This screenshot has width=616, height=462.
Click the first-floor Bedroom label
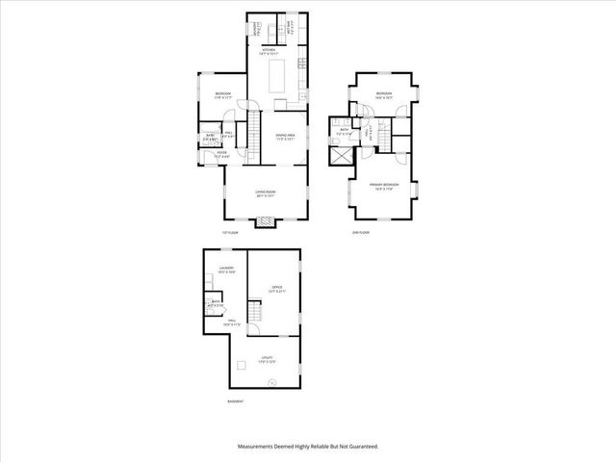[223, 94]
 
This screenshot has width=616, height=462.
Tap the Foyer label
[220, 153]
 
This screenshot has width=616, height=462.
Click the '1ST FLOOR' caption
[229, 234]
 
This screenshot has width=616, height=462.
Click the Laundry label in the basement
[226, 269]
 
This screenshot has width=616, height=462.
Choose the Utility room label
[268, 361]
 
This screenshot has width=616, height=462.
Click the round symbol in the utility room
[272, 381]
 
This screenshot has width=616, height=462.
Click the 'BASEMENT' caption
[235, 401]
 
